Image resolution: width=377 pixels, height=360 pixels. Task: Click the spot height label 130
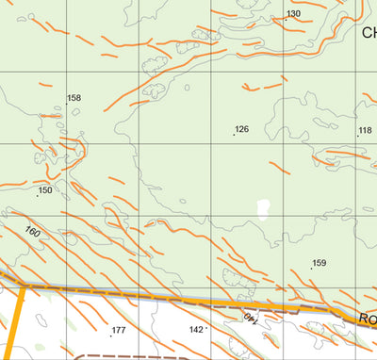tap(294, 13)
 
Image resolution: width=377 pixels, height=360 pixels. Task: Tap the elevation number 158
tap(74, 98)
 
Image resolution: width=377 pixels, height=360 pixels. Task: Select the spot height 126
tap(242, 128)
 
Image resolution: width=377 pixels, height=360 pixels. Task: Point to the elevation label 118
tap(366, 130)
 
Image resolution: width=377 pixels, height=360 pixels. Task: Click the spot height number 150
tap(45, 190)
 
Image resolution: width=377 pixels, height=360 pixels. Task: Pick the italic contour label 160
tap(33, 232)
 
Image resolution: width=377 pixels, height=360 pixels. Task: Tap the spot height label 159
tap(319, 263)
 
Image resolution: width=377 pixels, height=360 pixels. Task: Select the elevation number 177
tap(118, 330)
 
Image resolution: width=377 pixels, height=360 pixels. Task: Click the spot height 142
tap(196, 329)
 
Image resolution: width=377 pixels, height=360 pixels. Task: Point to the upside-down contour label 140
tap(251, 319)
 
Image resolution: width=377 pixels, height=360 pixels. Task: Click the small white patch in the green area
tap(263, 206)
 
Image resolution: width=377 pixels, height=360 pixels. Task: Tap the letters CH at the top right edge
tap(369, 32)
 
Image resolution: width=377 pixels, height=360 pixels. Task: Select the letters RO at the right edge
tap(367, 319)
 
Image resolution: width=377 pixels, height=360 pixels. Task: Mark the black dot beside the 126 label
tap(234, 134)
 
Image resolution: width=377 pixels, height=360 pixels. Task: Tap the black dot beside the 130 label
tap(286, 19)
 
